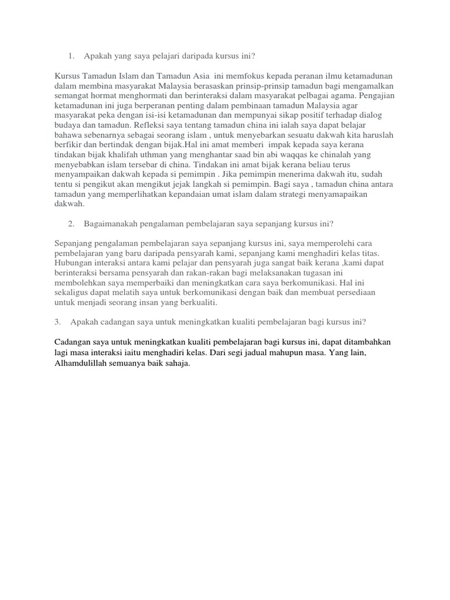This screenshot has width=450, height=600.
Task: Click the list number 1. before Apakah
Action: click(x=71, y=56)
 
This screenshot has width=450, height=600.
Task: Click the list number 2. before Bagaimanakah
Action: click(x=71, y=223)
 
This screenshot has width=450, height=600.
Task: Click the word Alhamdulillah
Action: click(x=81, y=363)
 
